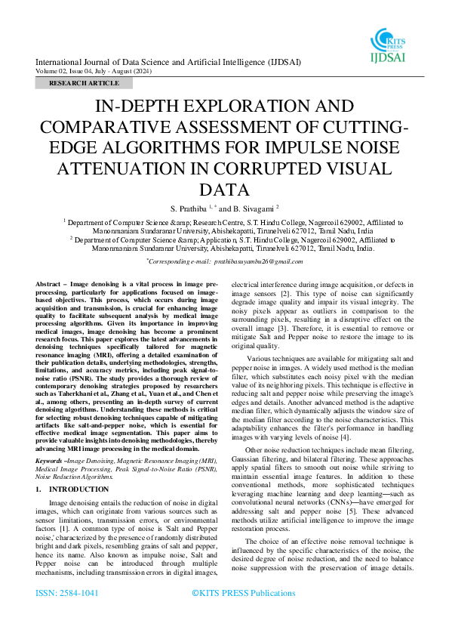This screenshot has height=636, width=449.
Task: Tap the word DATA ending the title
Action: (224, 190)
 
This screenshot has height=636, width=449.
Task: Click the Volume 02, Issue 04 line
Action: (102, 70)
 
